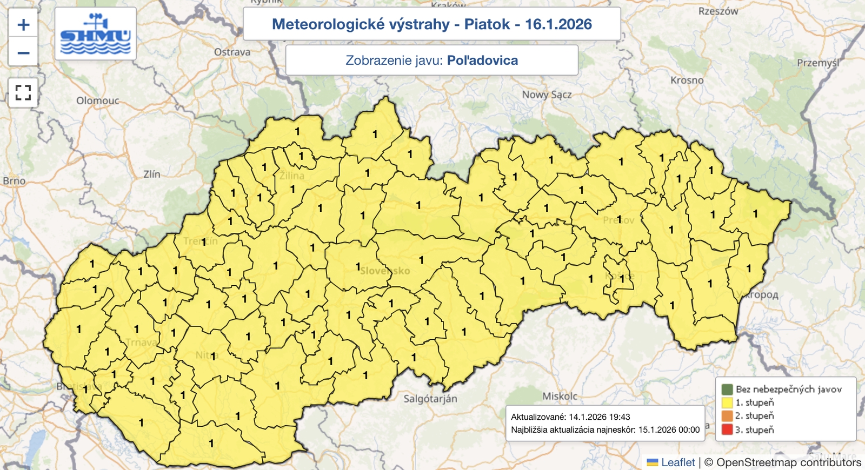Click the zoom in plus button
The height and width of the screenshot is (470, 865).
[23, 24]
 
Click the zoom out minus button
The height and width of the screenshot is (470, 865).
[23, 53]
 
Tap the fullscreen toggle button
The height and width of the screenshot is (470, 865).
[23, 92]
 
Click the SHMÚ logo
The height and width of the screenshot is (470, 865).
[96, 33]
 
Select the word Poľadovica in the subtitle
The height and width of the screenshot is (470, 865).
[482, 60]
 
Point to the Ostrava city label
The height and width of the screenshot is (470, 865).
[232, 52]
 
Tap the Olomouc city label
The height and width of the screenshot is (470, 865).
[97, 100]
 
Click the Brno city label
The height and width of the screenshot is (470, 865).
[14, 181]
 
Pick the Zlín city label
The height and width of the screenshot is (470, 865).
[152, 174]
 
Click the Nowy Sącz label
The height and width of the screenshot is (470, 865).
[547, 95]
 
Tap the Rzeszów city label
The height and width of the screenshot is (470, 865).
[718, 11]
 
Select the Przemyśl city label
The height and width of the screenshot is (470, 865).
[818, 63]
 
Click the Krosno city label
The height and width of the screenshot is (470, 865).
[687, 80]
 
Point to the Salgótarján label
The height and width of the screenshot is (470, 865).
[430, 399]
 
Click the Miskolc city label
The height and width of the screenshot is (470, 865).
[560, 396]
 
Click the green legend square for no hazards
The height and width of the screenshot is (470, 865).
[727, 389]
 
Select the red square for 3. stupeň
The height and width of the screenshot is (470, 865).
[727, 430]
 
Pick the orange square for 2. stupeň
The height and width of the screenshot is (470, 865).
[727, 416]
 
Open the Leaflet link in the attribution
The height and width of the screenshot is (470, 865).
[677, 462]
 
